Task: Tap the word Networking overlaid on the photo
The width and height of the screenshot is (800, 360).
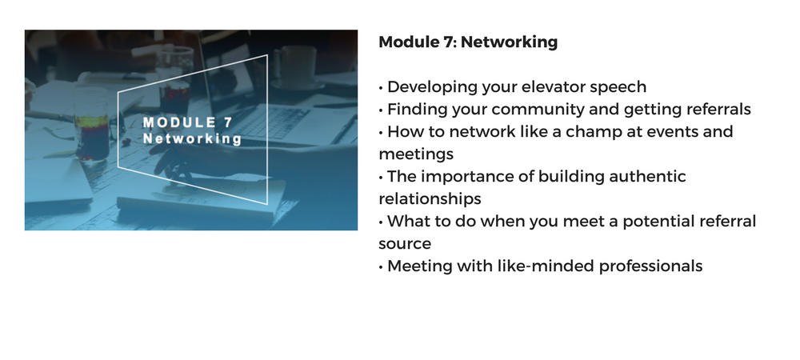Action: pos(192,138)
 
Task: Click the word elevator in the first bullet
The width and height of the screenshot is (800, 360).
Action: pos(547,86)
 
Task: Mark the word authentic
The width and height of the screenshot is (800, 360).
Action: pos(647,177)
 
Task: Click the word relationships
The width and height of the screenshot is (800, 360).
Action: pos(430,199)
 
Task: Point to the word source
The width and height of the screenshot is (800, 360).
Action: pos(405,244)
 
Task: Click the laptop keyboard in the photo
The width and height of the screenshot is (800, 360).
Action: pos(270,123)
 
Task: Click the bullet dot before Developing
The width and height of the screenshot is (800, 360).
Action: pos(381,88)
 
